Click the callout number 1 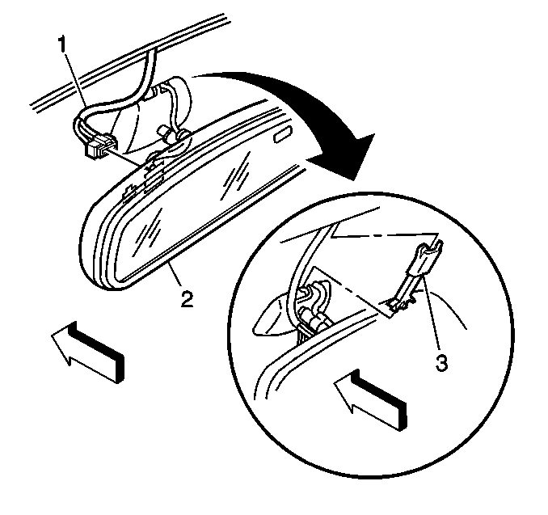coord(62,46)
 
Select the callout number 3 coord(441,362)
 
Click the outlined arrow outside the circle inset coord(87,352)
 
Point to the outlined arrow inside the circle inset coord(370,399)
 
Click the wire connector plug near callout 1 coord(101,146)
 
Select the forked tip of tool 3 coord(430,247)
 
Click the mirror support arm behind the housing coord(174,112)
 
